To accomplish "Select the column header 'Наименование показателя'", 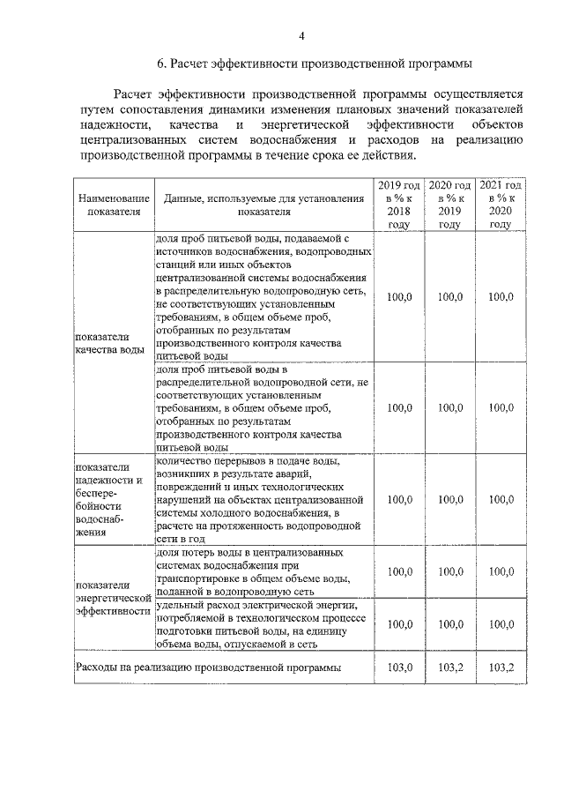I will pyautogui.click(x=114, y=205).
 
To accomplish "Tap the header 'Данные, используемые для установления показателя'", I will pyautogui.click(x=263, y=205).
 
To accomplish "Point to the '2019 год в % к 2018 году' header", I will pyautogui.click(x=399, y=205).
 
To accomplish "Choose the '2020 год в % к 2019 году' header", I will pyautogui.click(x=449, y=205).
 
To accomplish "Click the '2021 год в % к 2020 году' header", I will pyautogui.click(x=501, y=205).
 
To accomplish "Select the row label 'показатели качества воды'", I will pyautogui.click(x=109, y=343).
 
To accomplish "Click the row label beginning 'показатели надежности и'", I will pyautogui.click(x=109, y=499).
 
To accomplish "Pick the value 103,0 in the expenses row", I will pyautogui.click(x=399, y=667).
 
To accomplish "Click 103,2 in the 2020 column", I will pyautogui.click(x=449, y=667).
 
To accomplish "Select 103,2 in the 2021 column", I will pyautogui.click(x=501, y=667).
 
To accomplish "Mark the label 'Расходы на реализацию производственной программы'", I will pyautogui.click(x=208, y=667).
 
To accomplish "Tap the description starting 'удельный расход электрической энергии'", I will pyautogui.click(x=262, y=623).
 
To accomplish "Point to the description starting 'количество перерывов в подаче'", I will pyautogui.click(x=262, y=499).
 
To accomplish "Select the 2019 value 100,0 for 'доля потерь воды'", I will pyautogui.click(x=399, y=571).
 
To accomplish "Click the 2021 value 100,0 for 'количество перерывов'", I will pyautogui.click(x=501, y=499).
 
